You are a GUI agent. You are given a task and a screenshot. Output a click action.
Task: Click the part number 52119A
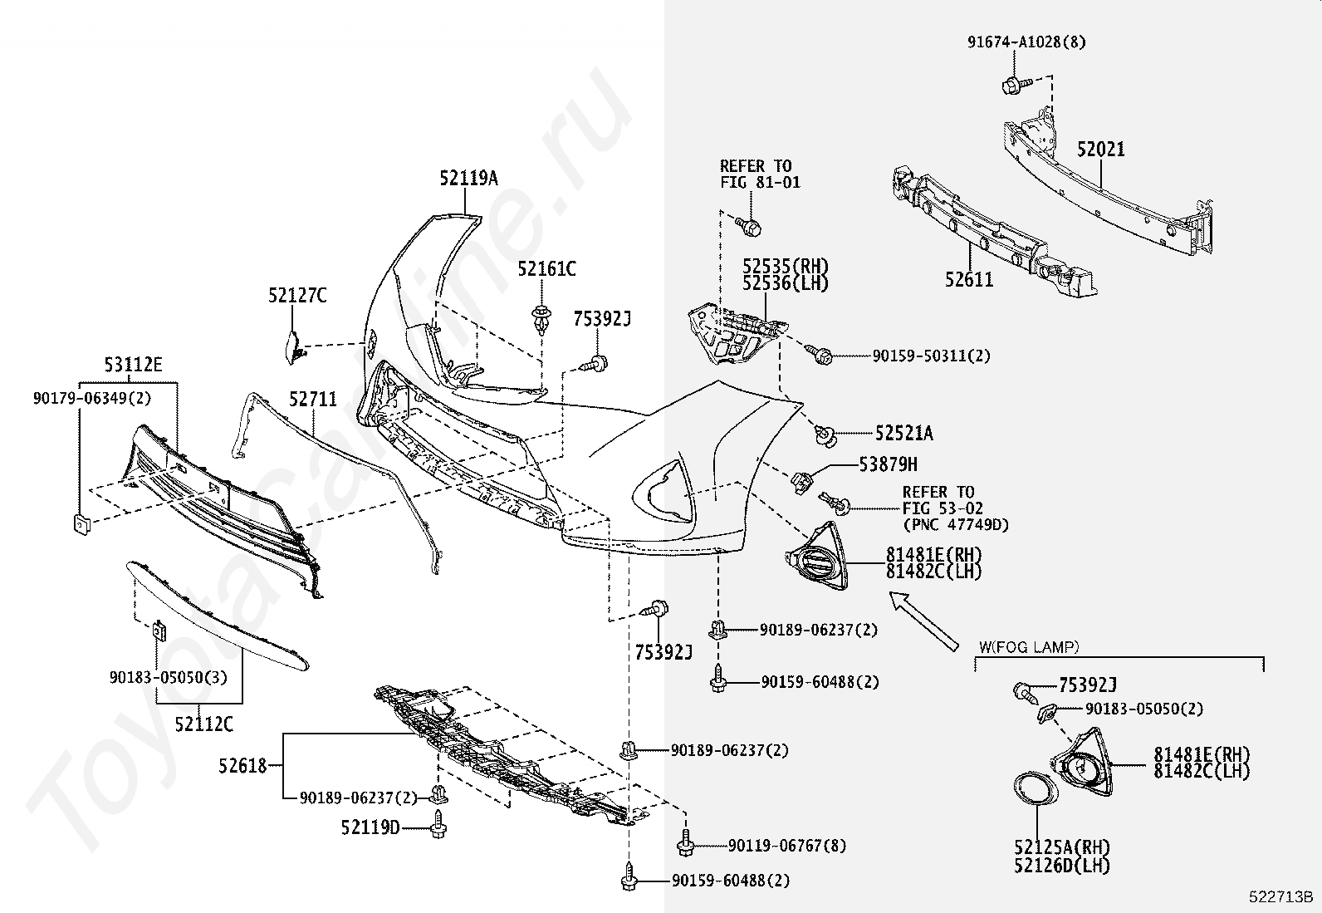(468, 179)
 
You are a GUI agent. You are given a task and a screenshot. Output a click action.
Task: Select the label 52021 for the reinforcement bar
(1101, 150)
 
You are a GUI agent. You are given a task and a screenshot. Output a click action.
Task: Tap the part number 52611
(968, 279)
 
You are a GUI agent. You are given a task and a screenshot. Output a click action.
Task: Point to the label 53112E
(133, 365)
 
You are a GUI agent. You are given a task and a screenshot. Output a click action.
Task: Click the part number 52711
(313, 400)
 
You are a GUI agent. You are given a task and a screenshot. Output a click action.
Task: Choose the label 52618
(243, 765)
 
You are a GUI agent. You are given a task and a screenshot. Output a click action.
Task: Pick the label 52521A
(903, 434)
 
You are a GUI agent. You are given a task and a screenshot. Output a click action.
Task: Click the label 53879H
(889, 465)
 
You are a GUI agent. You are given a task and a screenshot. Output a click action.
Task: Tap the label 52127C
(297, 296)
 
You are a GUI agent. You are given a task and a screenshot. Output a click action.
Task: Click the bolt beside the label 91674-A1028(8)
(1014, 83)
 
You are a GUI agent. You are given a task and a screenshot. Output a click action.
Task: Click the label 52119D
(370, 827)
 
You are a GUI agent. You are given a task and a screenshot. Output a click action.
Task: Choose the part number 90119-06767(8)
(787, 847)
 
